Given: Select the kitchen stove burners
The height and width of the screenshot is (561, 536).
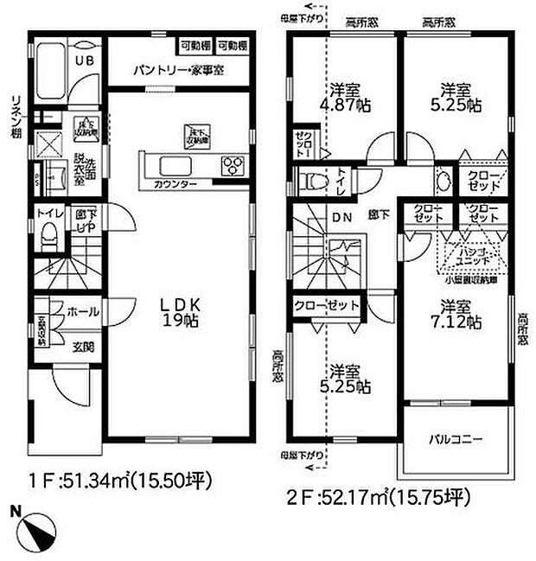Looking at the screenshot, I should coord(233,164).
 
